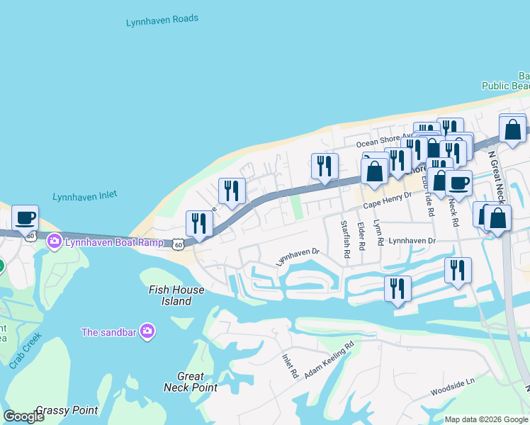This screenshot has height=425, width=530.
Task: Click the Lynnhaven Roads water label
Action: [162, 21]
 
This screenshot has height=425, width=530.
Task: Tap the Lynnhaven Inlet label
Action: [84, 196]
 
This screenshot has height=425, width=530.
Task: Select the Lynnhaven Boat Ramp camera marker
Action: [54, 242]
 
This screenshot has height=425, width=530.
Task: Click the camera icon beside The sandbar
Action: [147, 331]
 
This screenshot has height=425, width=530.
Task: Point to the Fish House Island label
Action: [176, 295]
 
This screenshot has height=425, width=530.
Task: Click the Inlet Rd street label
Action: [289, 366]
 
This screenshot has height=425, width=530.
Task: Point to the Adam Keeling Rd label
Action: [329, 362]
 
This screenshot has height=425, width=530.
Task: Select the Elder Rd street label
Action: [361, 237]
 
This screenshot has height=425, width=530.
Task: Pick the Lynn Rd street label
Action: [379, 233]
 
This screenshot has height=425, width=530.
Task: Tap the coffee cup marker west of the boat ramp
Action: [26, 217]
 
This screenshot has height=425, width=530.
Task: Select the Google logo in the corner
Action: [24, 416]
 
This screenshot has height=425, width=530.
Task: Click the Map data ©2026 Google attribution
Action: [486, 419]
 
